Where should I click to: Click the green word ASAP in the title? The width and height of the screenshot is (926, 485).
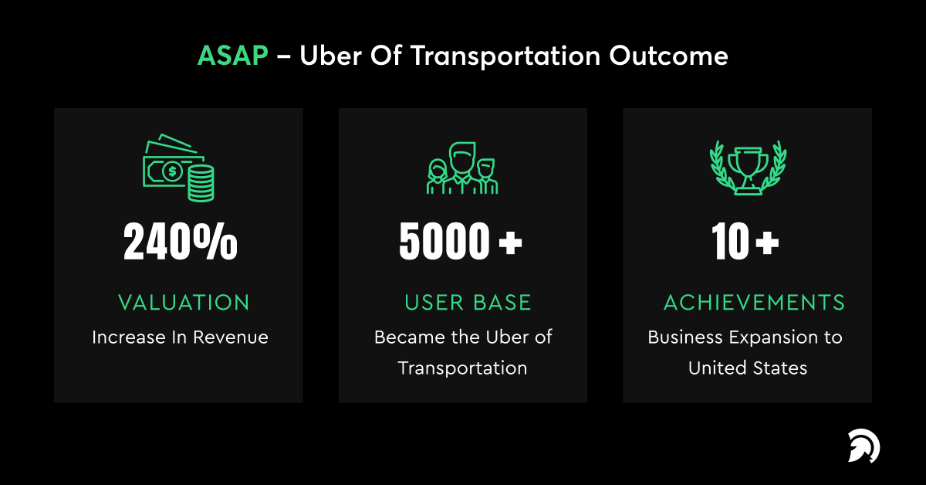[x=233, y=56]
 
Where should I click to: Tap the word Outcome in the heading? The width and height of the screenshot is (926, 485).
[x=668, y=56]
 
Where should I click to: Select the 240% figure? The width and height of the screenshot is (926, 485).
[x=181, y=241]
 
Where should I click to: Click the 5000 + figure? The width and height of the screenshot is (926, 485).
[x=461, y=241]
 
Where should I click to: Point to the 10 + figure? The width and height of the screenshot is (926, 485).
[x=745, y=241]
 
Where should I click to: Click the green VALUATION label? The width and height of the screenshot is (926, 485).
[x=184, y=303]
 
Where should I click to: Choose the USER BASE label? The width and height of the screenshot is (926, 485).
[x=468, y=303]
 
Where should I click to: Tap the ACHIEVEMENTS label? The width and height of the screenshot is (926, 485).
[x=754, y=303]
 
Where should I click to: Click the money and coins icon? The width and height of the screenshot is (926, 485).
[x=178, y=168]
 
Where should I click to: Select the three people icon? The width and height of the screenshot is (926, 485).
[x=462, y=168]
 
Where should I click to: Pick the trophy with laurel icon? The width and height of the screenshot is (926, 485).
[x=749, y=168]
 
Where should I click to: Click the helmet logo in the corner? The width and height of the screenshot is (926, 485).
[x=864, y=446]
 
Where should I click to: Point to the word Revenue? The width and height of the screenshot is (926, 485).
[x=230, y=337]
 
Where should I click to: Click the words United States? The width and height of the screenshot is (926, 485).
[x=748, y=368]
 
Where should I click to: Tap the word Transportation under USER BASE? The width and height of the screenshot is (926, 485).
[x=462, y=368]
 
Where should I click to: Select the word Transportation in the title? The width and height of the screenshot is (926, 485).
[x=505, y=56]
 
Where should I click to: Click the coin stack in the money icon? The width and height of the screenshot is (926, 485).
[x=201, y=183]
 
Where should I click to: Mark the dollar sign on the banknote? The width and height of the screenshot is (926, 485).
[x=172, y=171]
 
